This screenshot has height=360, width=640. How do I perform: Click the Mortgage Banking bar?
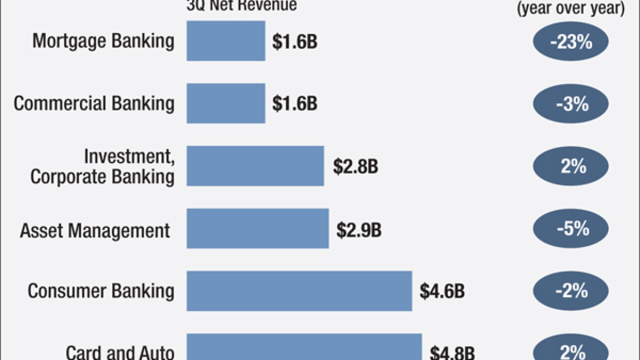pyautogui.click(x=226, y=41)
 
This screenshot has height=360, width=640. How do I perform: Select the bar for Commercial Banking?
pyautogui.click(x=226, y=103)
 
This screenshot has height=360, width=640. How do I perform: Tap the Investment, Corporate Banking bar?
pyautogui.click(x=255, y=166)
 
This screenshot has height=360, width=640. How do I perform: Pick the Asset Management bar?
pyautogui.click(x=257, y=228)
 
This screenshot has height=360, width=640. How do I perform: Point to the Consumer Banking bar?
pyautogui.click(x=299, y=291)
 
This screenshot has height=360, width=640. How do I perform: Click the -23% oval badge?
pyautogui.click(x=570, y=42)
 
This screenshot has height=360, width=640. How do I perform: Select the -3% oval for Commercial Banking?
pyautogui.click(x=570, y=104)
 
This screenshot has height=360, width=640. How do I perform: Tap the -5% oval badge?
pyautogui.click(x=570, y=229)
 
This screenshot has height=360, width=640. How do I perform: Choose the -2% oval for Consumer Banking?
pyautogui.click(x=570, y=291)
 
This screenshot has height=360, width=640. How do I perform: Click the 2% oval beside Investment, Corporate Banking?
pyautogui.click(x=570, y=166)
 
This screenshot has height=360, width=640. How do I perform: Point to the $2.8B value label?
pyautogui.click(x=355, y=167)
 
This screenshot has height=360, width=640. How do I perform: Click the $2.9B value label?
pyautogui.click(x=359, y=229)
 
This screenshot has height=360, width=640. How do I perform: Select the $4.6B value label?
pyautogui.click(x=442, y=291)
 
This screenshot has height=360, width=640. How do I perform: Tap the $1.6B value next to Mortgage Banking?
pyautogui.click(x=294, y=42)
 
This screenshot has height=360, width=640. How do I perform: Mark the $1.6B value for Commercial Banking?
pyautogui.click(x=294, y=104)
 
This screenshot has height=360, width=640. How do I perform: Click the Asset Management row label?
pyautogui.click(x=95, y=230)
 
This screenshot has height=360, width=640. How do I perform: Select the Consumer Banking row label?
pyautogui.click(x=101, y=291)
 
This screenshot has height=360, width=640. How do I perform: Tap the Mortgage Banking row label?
pyautogui.click(x=103, y=41)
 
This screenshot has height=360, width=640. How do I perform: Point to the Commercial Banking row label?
pyautogui.click(x=94, y=103)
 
